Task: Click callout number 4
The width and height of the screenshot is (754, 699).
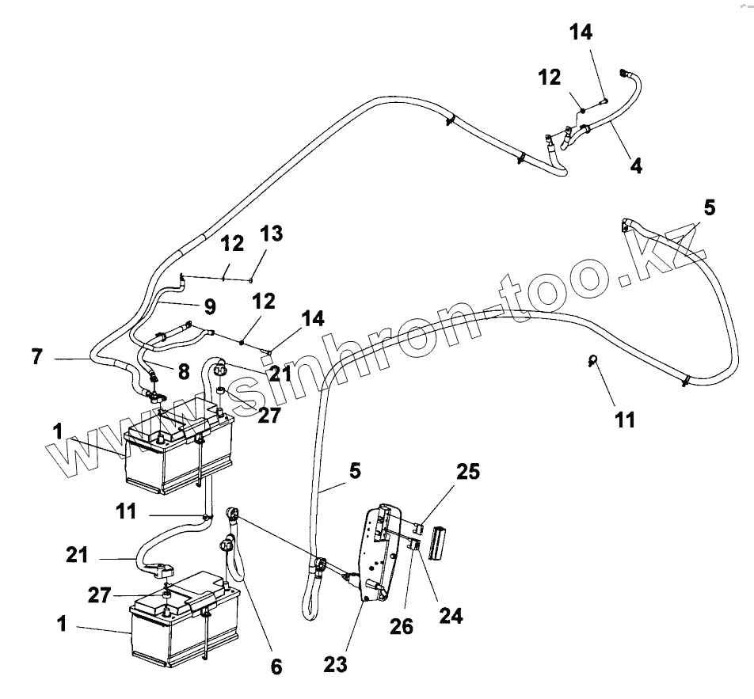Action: click(636, 166)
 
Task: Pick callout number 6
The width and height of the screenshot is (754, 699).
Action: click(276, 667)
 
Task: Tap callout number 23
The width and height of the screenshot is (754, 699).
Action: click(336, 664)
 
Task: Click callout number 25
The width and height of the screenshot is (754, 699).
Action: click(467, 473)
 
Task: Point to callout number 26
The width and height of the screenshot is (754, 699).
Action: click(402, 625)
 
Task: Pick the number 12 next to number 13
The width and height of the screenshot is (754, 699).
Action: click(232, 245)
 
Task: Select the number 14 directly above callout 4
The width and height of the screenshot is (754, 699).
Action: click(581, 32)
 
